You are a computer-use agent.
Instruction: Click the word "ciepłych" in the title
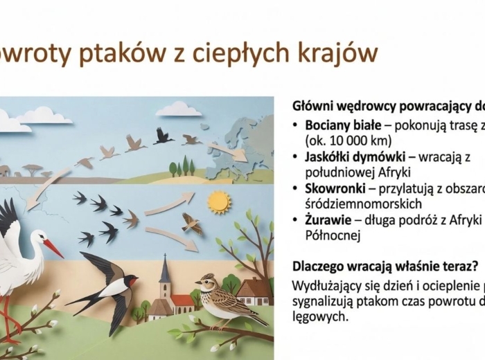[x=260, y=54]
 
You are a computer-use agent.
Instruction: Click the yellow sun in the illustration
[x=218, y=202]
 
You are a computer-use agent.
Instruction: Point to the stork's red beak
[x=53, y=248]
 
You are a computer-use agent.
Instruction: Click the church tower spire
[x=165, y=267]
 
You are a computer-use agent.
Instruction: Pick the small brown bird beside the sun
[x=192, y=223]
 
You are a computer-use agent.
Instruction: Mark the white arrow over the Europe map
[x=226, y=152]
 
